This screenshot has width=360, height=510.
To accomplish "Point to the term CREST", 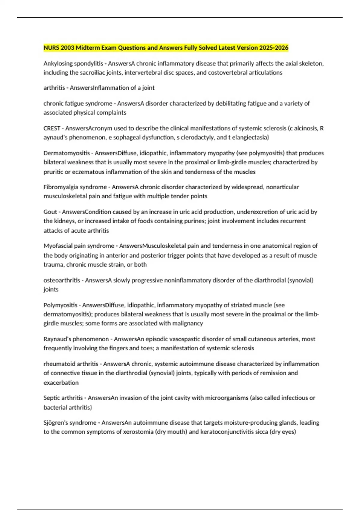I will [52, 128].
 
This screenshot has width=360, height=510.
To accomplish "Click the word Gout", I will [50, 212].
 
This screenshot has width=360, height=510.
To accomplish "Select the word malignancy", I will [188, 323].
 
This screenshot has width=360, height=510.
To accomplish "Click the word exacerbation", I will [61, 383].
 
